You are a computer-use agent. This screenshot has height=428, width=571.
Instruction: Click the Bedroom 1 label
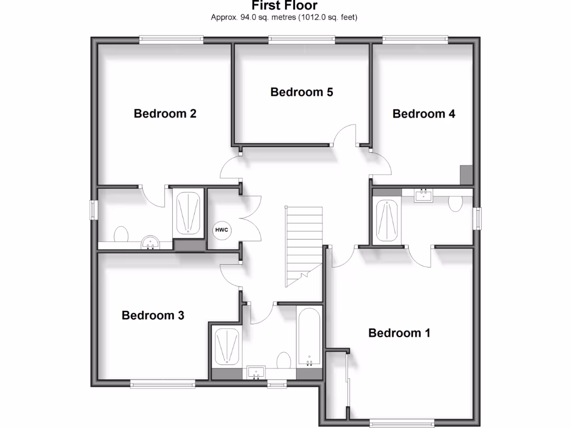tap(399, 333)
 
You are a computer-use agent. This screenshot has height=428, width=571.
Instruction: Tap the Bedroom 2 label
tap(165, 114)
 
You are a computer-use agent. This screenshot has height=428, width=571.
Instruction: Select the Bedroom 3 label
tap(153, 315)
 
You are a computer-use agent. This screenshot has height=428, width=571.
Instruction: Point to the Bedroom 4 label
tap(424, 114)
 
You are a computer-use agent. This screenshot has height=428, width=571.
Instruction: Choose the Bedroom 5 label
tap(302, 92)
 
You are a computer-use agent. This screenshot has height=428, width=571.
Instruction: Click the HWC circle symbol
tap(221, 230)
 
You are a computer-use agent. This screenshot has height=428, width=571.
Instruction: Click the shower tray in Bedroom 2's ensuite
tap(188, 213)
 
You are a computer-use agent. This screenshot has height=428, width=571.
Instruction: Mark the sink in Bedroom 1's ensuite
tap(425, 193)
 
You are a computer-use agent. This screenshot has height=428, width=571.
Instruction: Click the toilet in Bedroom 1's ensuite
tap(456, 203)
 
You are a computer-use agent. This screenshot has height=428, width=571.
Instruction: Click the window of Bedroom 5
tap(302, 39)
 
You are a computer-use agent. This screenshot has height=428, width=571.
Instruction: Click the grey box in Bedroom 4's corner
tap(466, 174)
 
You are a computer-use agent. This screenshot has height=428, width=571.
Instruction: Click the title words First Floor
tap(284, 6)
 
